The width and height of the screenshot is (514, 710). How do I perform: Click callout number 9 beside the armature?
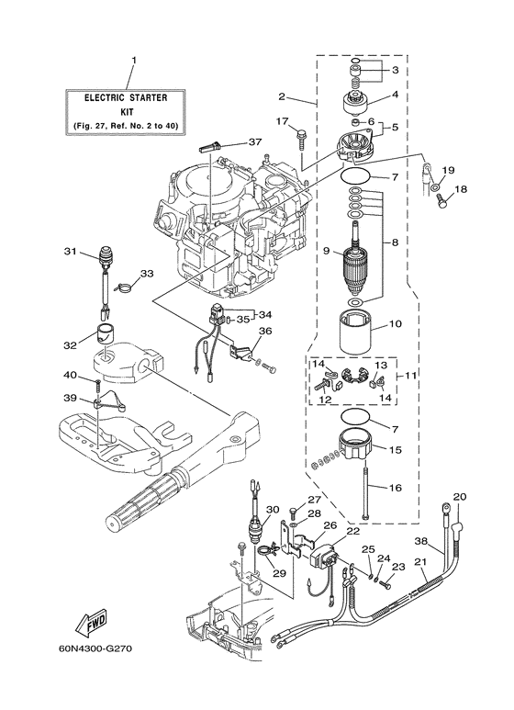coord(325,249)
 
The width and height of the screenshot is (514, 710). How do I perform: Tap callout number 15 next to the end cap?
coord(396,451)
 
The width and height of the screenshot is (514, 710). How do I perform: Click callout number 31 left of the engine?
coord(70,252)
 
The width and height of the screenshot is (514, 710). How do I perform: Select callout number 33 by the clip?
coord(146,274)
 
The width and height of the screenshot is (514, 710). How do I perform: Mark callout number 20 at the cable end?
coord(460,497)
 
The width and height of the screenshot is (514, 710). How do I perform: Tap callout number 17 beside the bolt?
coord(283,121)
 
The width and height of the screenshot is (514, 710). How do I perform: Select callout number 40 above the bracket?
coord(70,374)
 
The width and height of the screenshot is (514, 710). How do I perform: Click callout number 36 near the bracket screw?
coord(264,332)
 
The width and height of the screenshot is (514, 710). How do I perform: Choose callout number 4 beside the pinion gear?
coord(396,94)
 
